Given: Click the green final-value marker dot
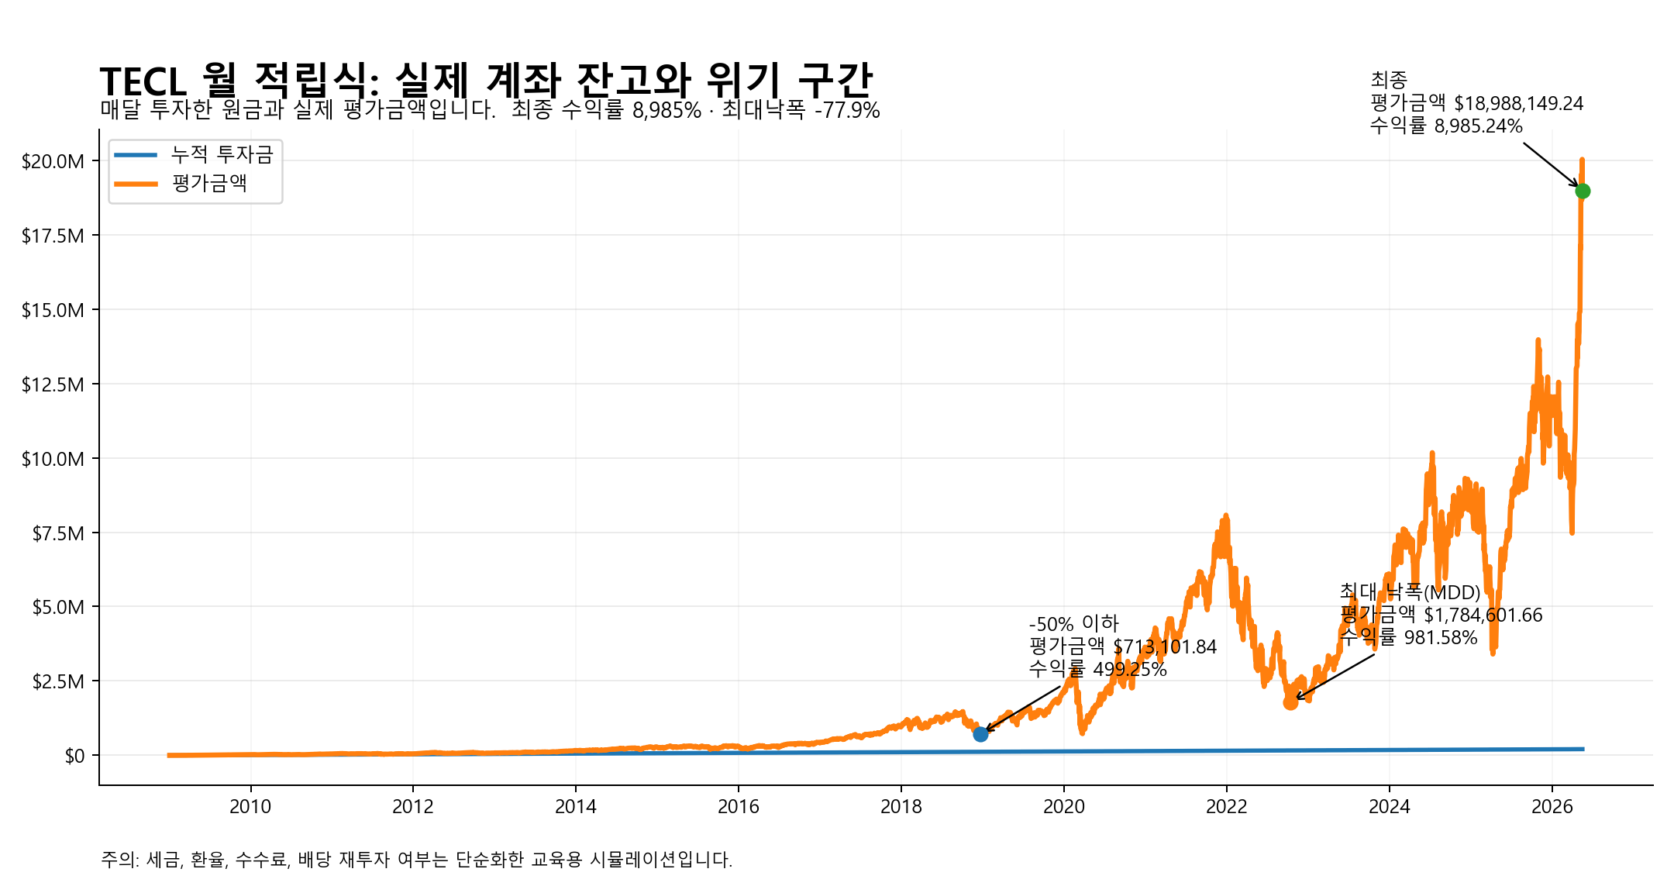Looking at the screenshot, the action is click(x=1583, y=191).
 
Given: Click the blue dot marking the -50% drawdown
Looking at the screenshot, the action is click(x=980, y=734).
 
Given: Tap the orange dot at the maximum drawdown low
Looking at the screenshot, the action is click(x=1290, y=702).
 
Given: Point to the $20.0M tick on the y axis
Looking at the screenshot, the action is click(x=53, y=161).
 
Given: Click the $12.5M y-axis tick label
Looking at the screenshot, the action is click(x=53, y=384).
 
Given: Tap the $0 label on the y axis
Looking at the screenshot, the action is click(x=74, y=756).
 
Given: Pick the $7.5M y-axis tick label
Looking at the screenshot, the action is click(x=58, y=533).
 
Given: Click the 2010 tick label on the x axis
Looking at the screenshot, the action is click(x=250, y=807).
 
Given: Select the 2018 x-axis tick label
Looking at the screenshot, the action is click(x=901, y=807).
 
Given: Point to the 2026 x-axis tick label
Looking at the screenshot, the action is click(x=1552, y=807).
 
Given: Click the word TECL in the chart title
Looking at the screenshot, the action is click(x=143, y=81).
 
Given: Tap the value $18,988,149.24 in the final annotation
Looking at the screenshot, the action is click(x=1519, y=103).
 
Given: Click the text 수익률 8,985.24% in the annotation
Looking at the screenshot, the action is click(x=1446, y=126).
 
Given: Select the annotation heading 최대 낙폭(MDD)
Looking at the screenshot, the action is click(x=1410, y=592).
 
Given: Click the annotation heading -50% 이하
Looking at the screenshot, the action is click(x=1074, y=624).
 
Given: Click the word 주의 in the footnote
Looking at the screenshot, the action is click(x=117, y=859).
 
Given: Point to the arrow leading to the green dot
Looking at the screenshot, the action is click(x=1551, y=164).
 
